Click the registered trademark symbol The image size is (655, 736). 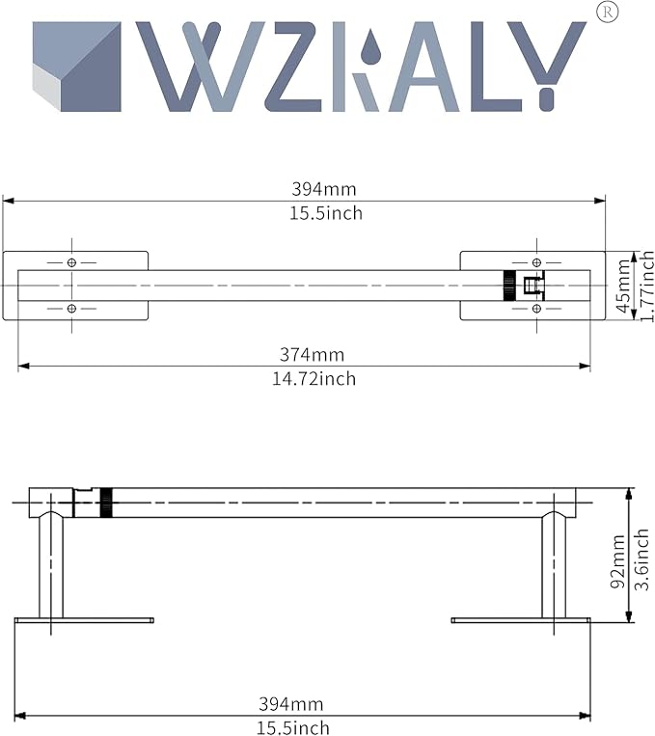(x=607, y=13)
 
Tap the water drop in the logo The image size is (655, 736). (x=371, y=46)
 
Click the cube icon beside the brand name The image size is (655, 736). (x=77, y=67)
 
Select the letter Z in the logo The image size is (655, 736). (x=294, y=67)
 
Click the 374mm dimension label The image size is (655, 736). (x=313, y=354)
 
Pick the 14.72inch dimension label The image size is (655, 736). (x=314, y=379)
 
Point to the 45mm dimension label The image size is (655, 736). (x=623, y=286)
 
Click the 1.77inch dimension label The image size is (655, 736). (x=647, y=286)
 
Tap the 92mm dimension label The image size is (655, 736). (x=618, y=561)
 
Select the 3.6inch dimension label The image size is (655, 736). (x=641, y=559)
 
